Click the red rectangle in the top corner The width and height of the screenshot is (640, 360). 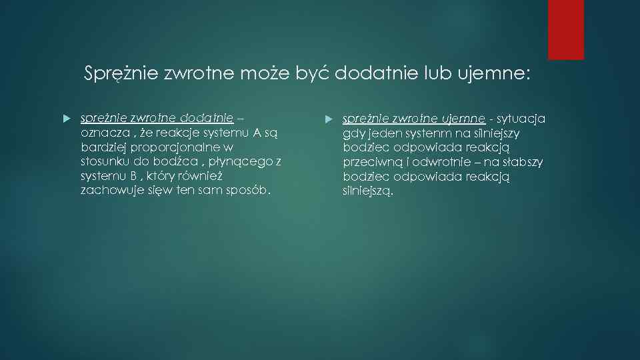[566, 29]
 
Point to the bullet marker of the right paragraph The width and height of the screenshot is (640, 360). [327, 119]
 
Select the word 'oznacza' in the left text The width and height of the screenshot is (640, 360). [101, 133]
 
